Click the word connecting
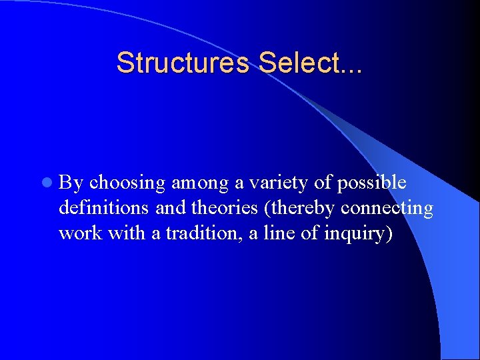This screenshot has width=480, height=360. [387, 209]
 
